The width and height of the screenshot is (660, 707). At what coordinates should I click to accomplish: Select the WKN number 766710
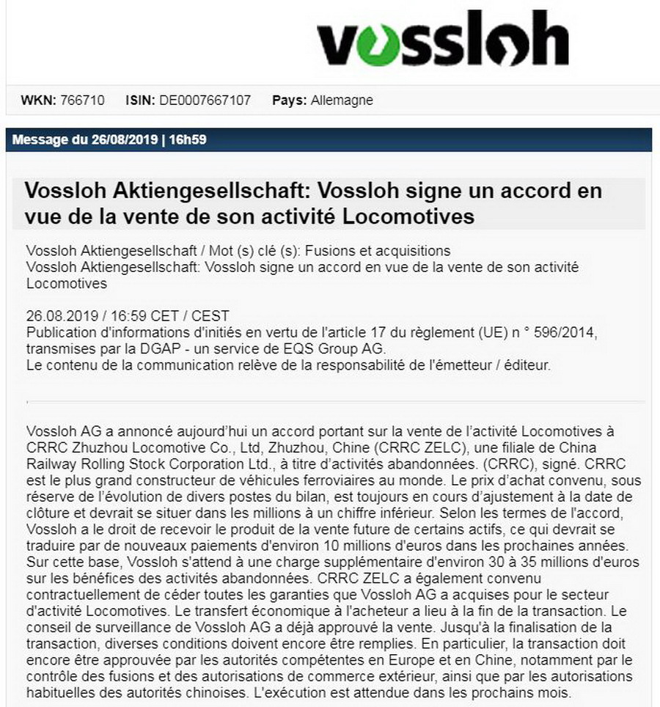(x=83, y=100)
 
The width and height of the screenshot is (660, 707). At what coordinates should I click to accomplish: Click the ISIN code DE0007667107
(x=205, y=100)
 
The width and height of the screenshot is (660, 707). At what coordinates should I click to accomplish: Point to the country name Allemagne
(x=341, y=100)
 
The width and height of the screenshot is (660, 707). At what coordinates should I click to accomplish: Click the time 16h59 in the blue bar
(x=187, y=139)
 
